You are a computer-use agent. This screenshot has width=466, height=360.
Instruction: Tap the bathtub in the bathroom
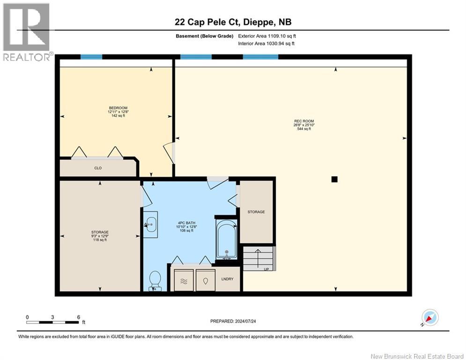click(227, 240)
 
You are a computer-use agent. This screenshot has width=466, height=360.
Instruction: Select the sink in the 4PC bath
click(150, 225)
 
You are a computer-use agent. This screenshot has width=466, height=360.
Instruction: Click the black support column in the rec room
click(334, 179)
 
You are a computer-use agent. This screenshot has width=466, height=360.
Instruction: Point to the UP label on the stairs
click(266, 269)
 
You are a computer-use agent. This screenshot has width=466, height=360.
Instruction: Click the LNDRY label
click(227, 279)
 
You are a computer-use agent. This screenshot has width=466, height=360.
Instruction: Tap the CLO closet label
click(98, 168)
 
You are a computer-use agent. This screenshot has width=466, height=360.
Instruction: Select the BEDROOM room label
click(118, 108)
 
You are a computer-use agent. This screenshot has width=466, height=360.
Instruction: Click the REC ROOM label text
click(304, 121)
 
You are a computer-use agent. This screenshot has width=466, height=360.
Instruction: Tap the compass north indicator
click(430, 317)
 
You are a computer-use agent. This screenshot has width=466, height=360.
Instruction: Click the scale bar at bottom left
click(52, 322)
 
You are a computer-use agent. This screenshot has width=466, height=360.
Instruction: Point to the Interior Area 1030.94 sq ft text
click(266, 44)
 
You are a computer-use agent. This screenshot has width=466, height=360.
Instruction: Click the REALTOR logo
click(27, 32)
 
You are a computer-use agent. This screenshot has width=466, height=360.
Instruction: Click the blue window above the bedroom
click(91, 57)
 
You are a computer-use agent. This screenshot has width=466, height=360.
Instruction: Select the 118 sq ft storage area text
click(100, 240)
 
